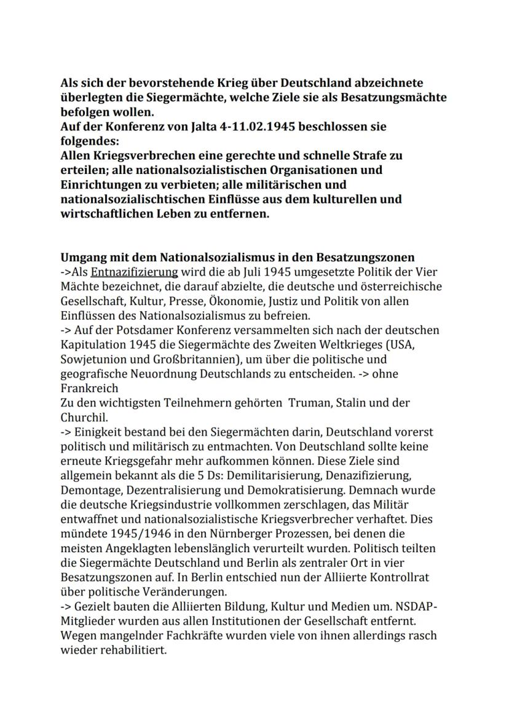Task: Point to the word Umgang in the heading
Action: click(81, 257)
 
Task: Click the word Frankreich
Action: click(85, 389)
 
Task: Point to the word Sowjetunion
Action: click(91, 360)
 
